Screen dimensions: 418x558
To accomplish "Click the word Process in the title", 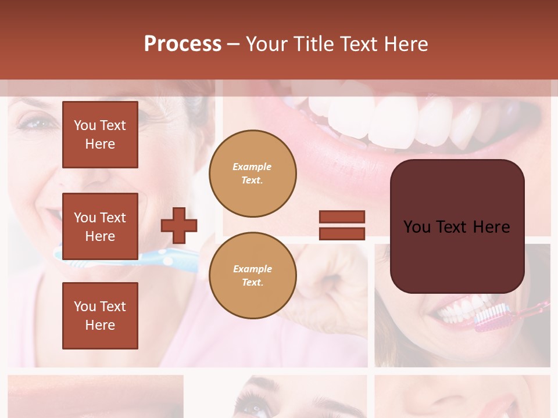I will pos(183,44).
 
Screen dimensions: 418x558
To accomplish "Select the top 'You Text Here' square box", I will pos(100,135).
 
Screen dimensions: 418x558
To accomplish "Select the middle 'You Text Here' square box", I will pos(100,226).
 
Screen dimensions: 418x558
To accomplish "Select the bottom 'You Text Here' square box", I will pos(100,315).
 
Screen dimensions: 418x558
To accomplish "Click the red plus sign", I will pos(179,225).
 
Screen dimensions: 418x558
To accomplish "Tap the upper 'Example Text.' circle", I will pos(252,174).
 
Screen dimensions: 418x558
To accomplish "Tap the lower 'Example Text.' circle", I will pos(252,275).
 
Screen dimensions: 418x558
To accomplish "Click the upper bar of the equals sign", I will pos(342,217).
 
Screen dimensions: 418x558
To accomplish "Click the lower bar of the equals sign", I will pos(342,233).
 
